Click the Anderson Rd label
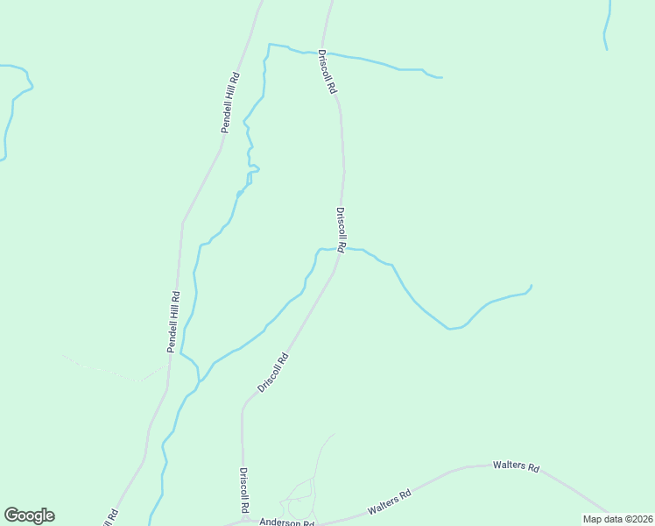pyautogui.click(x=285, y=522)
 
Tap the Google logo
pyautogui.click(x=29, y=515)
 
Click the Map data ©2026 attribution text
pyautogui.click(x=617, y=519)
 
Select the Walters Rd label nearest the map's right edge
pyautogui.click(x=516, y=466)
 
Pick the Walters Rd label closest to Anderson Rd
pyautogui.click(x=390, y=502)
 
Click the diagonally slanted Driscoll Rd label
pyautogui.click(x=273, y=372)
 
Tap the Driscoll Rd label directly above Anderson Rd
pyautogui.click(x=244, y=490)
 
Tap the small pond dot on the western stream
pyautogui.click(x=239, y=193)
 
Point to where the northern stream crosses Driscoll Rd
pyautogui.click(x=324, y=53)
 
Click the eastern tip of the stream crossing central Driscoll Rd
pyautogui.click(x=532, y=285)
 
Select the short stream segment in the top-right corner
pyautogui.click(x=606, y=26)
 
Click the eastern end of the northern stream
pyautogui.click(x=440, y=77)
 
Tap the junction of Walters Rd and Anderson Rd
pyautogui.click(x=320, y=523)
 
